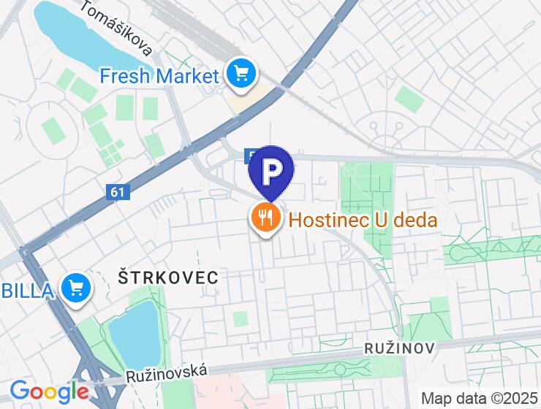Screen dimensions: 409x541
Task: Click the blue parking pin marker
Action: tap(271, 172)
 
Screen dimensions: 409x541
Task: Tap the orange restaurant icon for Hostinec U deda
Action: tap(265, 218)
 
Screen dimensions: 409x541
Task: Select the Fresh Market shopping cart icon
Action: tap(241, 74)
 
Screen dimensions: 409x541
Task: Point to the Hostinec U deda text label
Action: tap(363, 219)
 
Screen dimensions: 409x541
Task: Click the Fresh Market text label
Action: tap(159, 75)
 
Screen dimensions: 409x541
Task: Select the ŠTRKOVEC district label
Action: tap(168, 277)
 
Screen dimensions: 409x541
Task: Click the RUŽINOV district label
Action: tap(399, 349)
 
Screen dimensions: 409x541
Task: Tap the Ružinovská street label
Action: tap(166, 374)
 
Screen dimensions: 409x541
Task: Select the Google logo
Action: tap(49, 391)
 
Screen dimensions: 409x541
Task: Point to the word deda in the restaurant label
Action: tap(412, 219)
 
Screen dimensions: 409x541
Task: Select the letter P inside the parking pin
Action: tap(271, 171)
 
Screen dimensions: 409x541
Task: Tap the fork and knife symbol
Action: tap(265, 218)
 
